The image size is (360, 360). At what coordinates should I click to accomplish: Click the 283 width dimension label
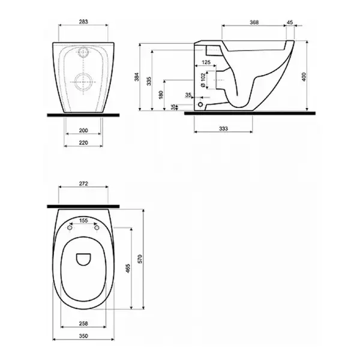(83, 22)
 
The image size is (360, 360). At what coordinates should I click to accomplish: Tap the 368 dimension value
(254, 22)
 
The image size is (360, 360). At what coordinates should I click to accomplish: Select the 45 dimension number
(290, 22)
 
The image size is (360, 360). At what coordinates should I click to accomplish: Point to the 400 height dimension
(304, 77)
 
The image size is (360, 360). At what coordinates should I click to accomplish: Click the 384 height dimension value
(137, 77)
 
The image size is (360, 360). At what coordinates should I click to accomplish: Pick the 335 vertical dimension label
(149, 81)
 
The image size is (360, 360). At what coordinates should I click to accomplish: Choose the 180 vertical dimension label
(161, 95)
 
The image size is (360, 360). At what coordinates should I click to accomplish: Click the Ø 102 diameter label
(203, 80)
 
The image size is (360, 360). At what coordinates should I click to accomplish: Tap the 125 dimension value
(206, 62)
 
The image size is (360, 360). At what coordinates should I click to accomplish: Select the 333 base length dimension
(223, 129)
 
